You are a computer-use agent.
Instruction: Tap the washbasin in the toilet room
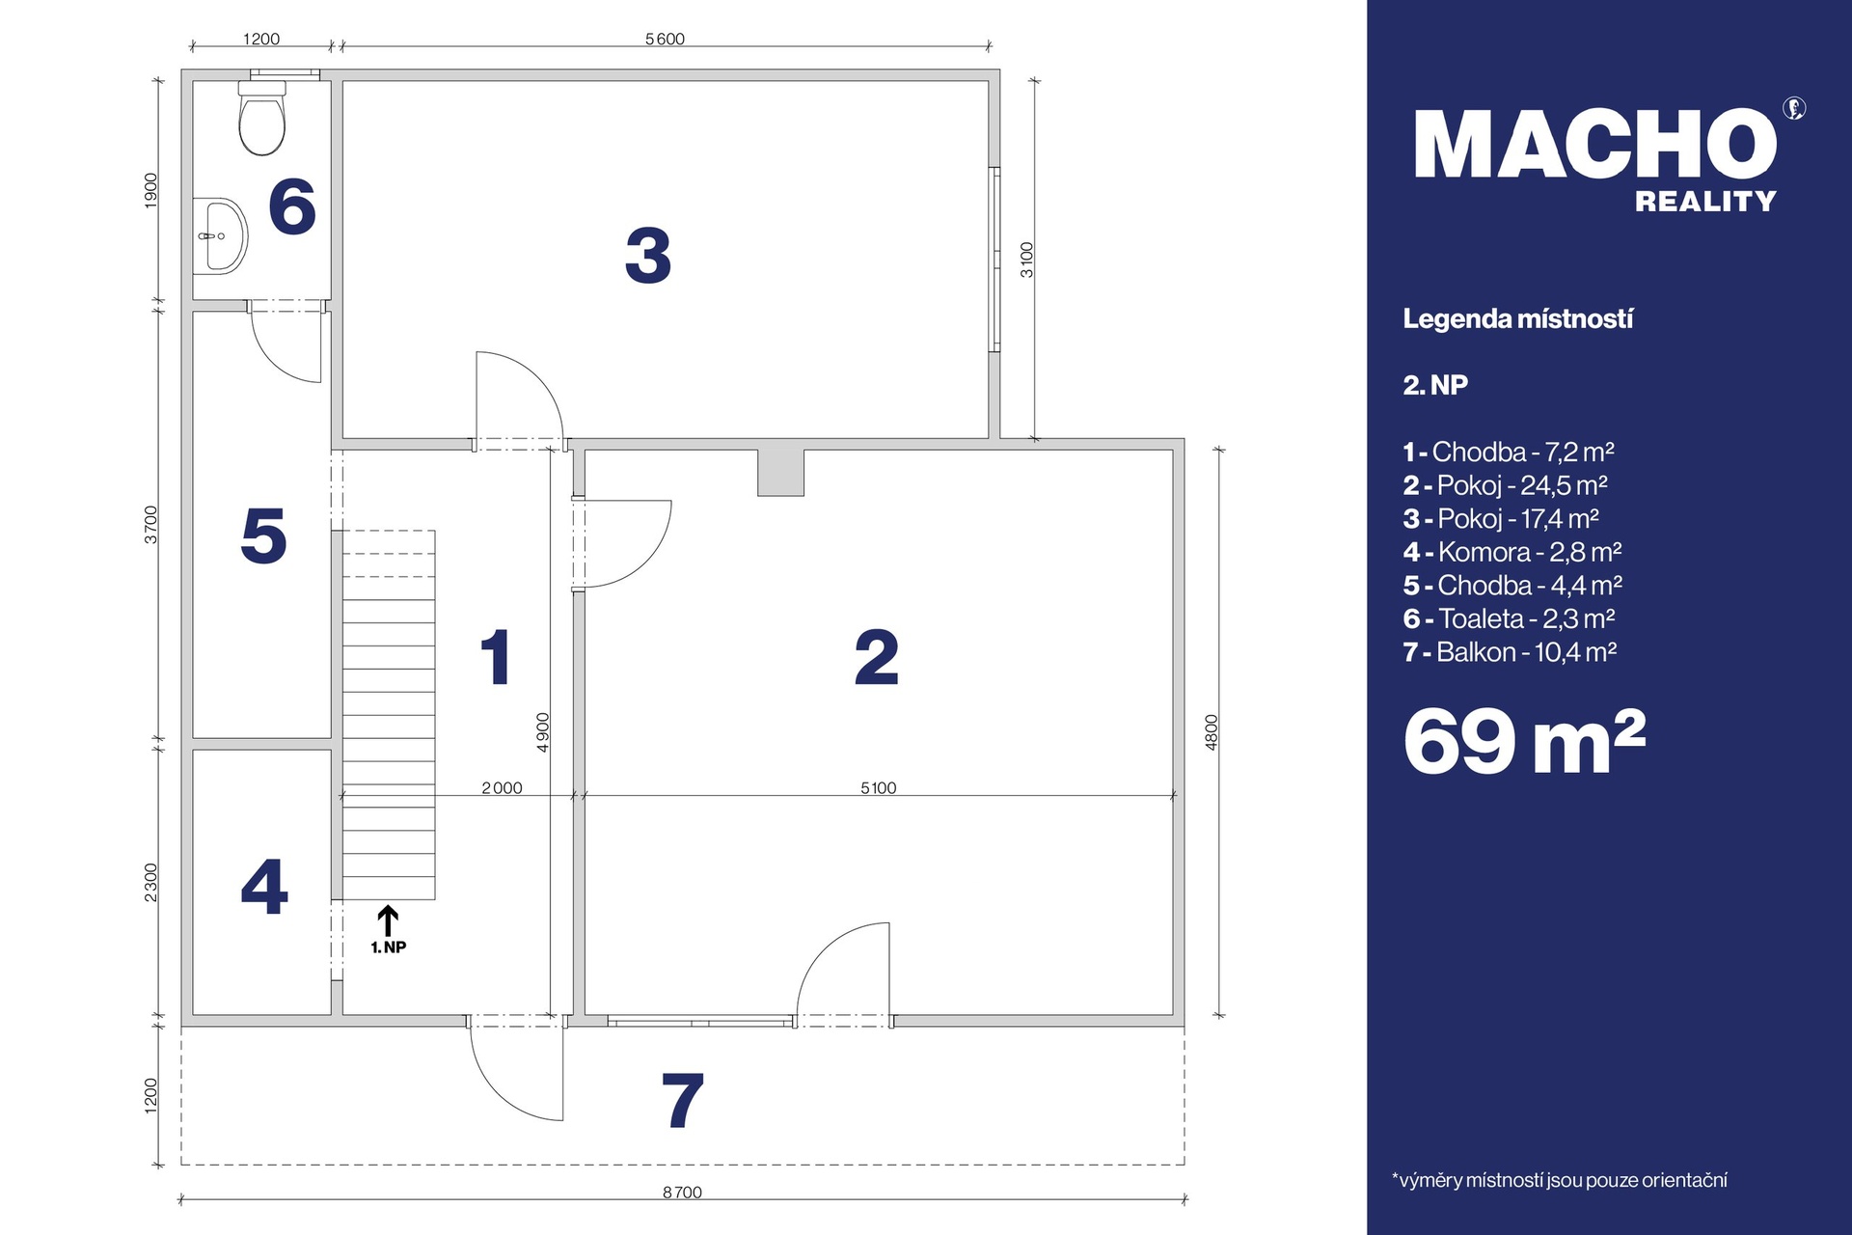tap(220, 236)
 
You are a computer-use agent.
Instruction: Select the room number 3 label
tap(648, 256)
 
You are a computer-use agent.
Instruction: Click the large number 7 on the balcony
tap(682, 1100)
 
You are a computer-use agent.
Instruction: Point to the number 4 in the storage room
tap(264, 887)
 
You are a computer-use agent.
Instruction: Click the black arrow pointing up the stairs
tap(388, 920)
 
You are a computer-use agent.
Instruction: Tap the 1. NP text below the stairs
tap(389, 947)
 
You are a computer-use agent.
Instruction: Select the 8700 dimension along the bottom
tap(682, 1193)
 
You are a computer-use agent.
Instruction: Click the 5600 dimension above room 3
tap(665, 40)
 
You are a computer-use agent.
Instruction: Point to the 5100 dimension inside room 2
tap(879, 788)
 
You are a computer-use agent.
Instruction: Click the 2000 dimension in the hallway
tap(502, 788)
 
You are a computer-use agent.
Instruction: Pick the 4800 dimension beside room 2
tap(1212, 732)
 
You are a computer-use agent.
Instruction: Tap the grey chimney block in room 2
tap(780, 473)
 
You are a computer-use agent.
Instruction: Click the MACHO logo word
tap(1595, 144)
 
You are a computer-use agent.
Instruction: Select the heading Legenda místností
tap(1517, 319)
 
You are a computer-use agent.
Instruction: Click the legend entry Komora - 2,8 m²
tap(1512, 552)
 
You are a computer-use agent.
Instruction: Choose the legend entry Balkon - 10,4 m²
tap(1510, 652)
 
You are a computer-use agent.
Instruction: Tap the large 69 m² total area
tap(1524, 741)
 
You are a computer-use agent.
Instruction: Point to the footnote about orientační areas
tap(1559, 1180)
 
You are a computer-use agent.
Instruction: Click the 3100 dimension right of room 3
tap(1027, 260)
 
